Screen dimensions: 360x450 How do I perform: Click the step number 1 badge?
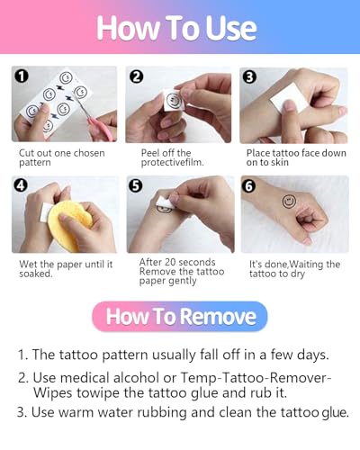(x=22, y=76)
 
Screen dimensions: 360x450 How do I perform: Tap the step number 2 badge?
(x=136, y=76)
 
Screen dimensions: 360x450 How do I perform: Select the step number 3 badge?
(x=249, y=76)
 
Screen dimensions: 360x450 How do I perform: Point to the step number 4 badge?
(x=21, y=185)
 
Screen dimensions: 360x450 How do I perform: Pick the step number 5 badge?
(x=136, y=185)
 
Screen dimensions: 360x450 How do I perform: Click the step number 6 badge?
(x=248, y=186)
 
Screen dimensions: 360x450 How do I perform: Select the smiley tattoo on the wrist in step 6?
(x=289, y=202)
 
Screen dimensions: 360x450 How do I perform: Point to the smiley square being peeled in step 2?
(x=173, y=100)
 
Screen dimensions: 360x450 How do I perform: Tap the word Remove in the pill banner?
(x=218, y=317)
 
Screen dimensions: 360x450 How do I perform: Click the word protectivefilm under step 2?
(x=173, y=163)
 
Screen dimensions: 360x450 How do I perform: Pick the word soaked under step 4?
(x=36, y=274)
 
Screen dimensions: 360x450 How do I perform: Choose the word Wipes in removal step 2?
(x=52, y=393)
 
